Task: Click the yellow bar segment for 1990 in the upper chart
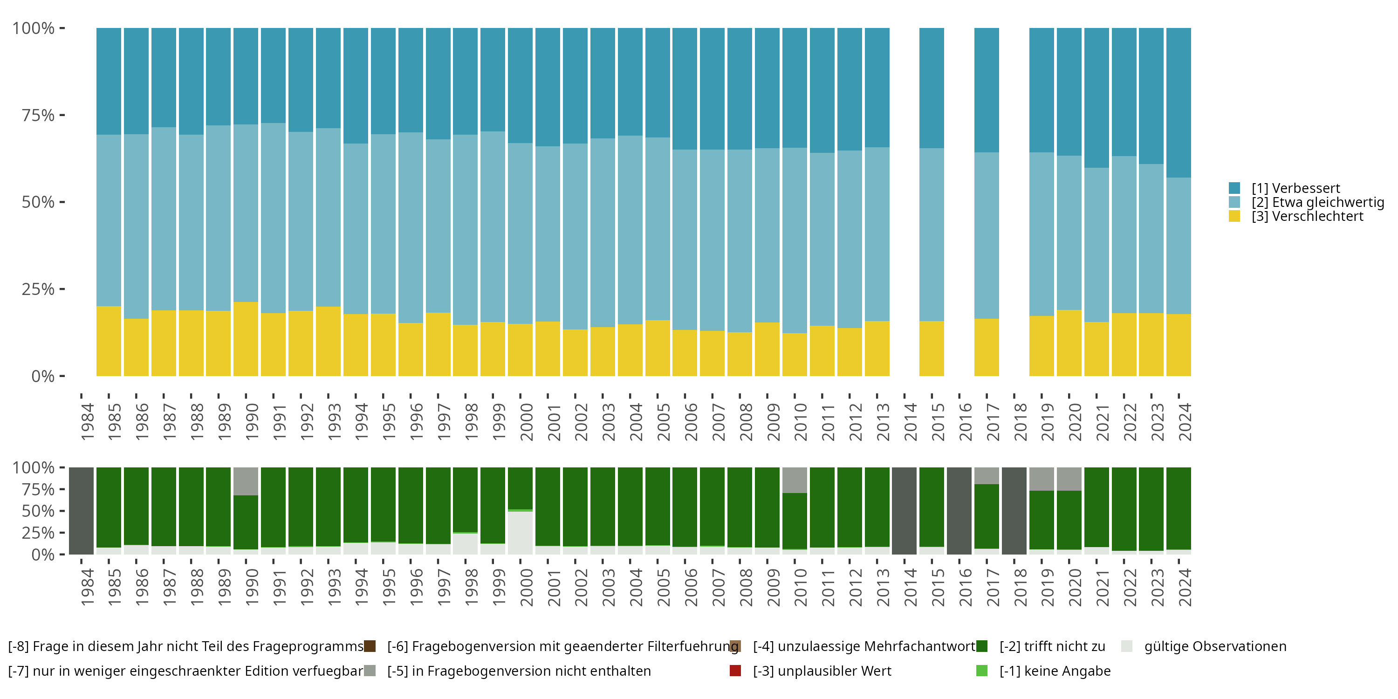pos(246,339)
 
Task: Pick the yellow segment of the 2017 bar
pos(986,347)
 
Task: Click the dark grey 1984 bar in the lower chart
pos(82,511)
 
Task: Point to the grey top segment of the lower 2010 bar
pos(795,480)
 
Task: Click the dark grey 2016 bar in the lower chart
pos(959,511)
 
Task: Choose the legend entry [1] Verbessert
pos(1295,188)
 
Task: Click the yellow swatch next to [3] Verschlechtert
pos(1234,216)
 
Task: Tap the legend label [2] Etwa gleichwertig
pos(1318,202)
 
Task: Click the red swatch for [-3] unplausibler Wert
pos(735,671)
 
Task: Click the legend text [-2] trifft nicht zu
pos(1052,646)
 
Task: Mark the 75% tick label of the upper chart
pos(38,115)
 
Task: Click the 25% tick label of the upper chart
pos(38,289)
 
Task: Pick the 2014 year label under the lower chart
pos(910,587)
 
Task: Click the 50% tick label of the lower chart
pos(38,511)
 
